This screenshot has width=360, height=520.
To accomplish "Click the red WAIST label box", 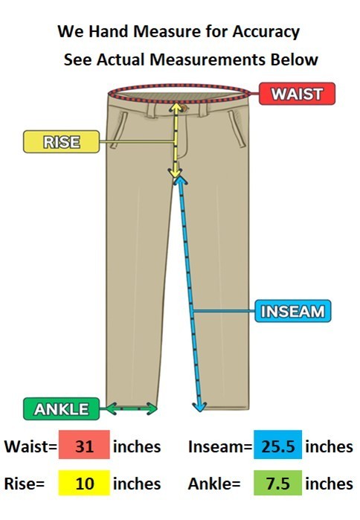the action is [x=297, y=94].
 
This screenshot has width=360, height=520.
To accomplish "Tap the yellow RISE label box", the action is [x=61, y=141].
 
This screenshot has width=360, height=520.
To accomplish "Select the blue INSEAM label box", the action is [x=293, y=311].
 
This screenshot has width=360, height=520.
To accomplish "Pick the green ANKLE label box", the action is [x=61, y=409].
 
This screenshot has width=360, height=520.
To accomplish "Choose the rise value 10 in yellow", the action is [x=84, y=483].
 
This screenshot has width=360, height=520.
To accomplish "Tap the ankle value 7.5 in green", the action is [x=277, y=483].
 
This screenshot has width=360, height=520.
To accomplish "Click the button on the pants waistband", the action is [x=184, y=108].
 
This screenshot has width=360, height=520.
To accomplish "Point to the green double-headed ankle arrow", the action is [x=131, y=408].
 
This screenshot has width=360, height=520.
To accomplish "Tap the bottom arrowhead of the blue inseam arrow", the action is [x=199, y=407].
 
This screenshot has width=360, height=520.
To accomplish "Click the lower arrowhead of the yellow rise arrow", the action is [x=175, y=173].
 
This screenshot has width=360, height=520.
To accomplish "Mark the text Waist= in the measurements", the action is [x=30, y=446].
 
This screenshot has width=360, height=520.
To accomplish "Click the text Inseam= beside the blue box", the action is [x=220, y=446].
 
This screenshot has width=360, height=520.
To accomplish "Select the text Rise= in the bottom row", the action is [x=25, y=484].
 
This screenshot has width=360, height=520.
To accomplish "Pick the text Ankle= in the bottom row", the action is [x=214, y=484].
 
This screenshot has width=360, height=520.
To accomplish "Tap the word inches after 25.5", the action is [x=329, y=446].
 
